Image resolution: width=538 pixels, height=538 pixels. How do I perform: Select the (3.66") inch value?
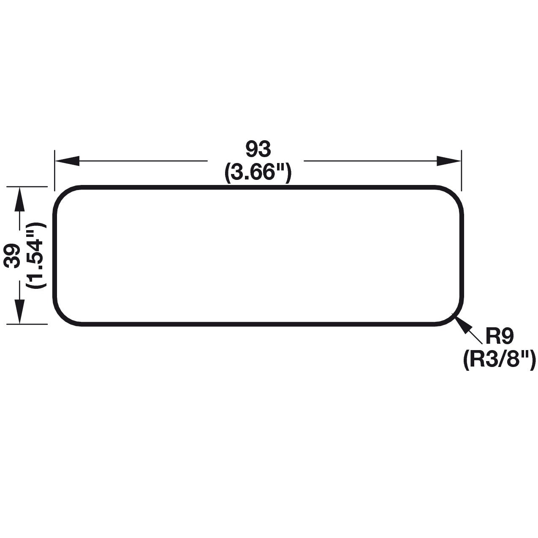tap(258, 173)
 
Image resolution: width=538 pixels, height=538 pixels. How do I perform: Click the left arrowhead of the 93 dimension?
tap(68, 160)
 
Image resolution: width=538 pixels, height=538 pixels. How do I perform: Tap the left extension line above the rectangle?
tap(54, 169)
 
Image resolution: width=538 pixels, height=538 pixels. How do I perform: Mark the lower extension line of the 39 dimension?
tap(30, 324)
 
